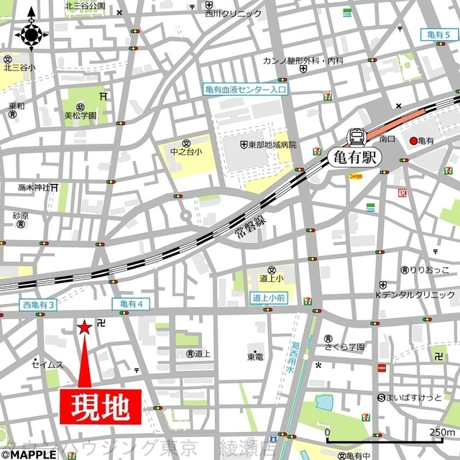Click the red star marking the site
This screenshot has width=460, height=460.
84,327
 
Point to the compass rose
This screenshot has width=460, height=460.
32,33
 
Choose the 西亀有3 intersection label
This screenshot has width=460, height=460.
38,305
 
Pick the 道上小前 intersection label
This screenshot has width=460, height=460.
270,297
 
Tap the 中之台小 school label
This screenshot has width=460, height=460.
185,152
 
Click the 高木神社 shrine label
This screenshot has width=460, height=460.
34,188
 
